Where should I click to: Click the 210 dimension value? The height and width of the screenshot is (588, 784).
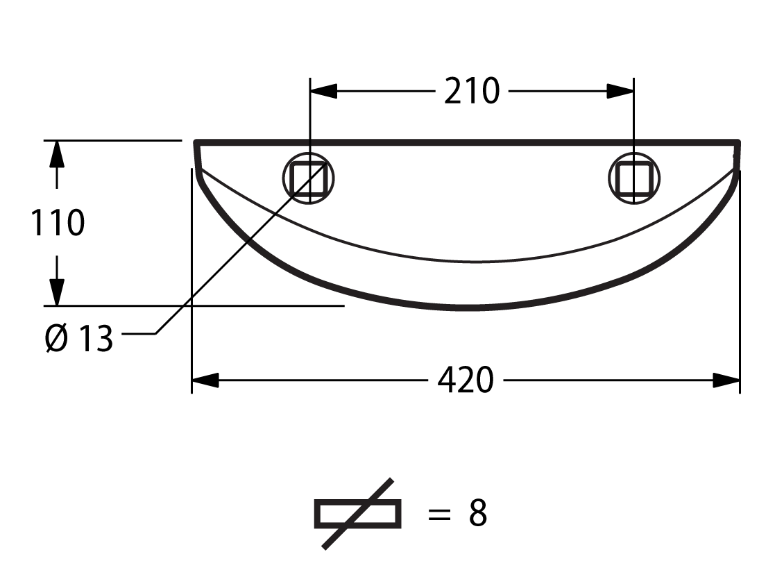pos(472,91)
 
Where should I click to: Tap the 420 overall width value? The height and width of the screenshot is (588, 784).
pos(466,380)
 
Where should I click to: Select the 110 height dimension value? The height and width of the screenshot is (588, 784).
pos(58,223)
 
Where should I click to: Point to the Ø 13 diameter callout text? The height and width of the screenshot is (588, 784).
pos(78,338)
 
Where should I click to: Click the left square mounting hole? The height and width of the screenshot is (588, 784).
pos(309,178)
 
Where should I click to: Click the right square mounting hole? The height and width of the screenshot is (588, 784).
pos(634,178)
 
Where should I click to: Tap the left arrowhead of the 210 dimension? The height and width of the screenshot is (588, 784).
pos(323,91)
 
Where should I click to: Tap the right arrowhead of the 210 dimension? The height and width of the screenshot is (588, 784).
pos(620,91)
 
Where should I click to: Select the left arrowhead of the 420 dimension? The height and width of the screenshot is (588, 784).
pos(205,380)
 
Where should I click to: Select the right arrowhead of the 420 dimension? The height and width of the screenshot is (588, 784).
pos(726,380)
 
